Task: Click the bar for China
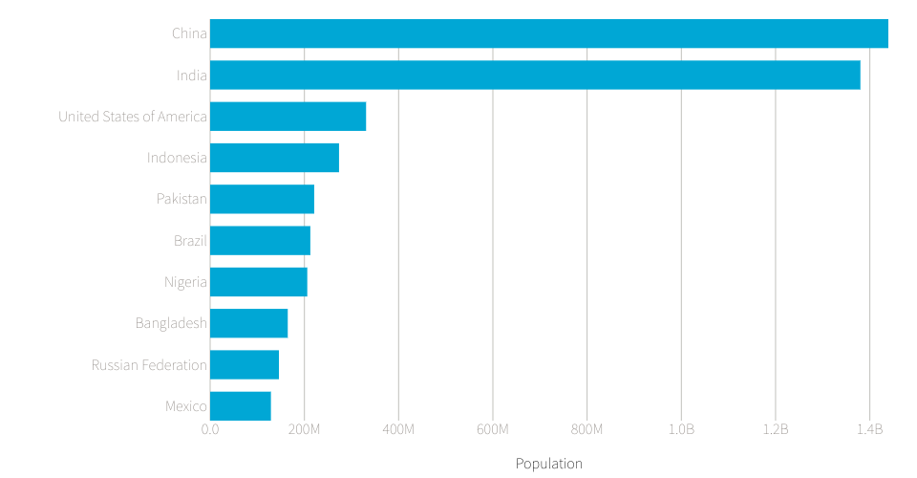(x=548, y=33)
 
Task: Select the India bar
(x=535, y=75)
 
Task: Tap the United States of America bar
(x=288, y=117)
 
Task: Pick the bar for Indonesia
(x=274, y=158)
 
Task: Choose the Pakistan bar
(x=262, y=199)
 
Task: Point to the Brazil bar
(x=260, y=241)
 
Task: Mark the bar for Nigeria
(x=258, y=282)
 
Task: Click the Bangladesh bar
(x=248, y=323)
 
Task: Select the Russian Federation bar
(x=245, y=365)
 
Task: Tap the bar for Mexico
(x=240, y=406)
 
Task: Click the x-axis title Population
(x=548, y=464)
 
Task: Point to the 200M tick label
(x=304, y=429)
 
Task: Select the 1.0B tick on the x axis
(x=681, y=429)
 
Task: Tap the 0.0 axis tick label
(x=210, y=429)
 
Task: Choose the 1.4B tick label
(x=869, y=429)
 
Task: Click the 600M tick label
(x=493, y=429)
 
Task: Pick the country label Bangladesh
(x=171, y=323)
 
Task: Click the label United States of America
(x=133, y=117)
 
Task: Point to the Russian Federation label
(x=149, y=365)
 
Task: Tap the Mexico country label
(x=185, y=406)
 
